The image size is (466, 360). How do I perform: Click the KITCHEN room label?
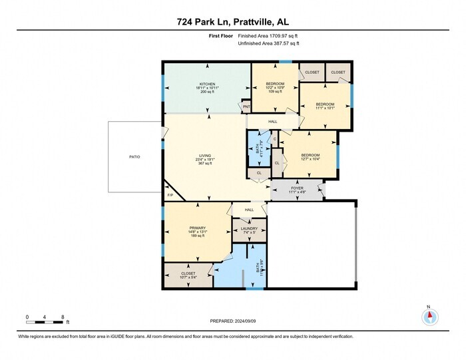205,84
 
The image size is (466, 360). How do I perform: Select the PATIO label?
135,157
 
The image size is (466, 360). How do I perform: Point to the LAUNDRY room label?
249,228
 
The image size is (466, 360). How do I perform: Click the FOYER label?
296,188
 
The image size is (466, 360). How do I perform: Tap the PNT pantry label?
246,106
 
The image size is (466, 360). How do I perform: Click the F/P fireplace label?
170,195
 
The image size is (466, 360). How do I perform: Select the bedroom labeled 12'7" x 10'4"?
306,155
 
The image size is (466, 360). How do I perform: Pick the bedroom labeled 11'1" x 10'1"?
324,105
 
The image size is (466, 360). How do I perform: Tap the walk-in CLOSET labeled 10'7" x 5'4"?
188,273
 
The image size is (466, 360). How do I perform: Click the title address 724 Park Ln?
232,21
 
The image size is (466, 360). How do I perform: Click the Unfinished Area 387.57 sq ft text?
269,44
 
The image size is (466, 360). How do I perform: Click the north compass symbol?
429,316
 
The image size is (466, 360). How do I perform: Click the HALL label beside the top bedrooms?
273,122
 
